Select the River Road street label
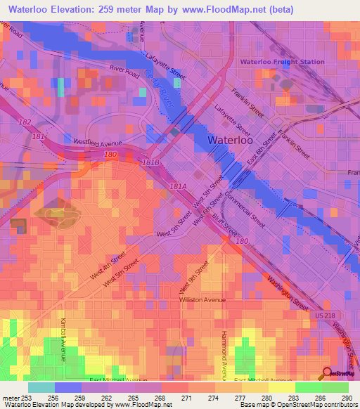[x=126, y=71]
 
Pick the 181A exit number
[x=177, y=186]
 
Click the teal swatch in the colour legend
[x=41, y=387]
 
